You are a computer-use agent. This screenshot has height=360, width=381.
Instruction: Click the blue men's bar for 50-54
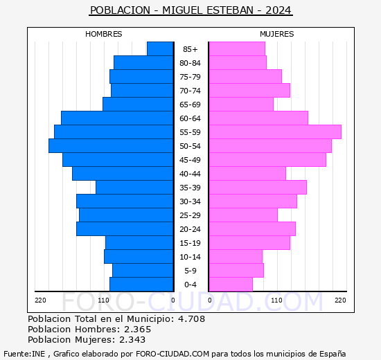111,146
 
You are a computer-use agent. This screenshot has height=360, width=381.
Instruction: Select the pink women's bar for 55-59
275,132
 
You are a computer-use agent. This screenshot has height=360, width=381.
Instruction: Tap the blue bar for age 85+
160,49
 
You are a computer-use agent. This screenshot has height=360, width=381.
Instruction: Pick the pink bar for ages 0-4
231,285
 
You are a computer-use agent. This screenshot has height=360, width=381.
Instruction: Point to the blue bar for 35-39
134,188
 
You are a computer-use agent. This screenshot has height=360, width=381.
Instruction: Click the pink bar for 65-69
241,105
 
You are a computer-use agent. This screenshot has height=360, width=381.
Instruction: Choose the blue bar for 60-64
117,118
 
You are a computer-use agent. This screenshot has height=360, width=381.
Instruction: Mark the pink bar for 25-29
243,215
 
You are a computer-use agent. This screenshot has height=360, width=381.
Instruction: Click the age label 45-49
190,160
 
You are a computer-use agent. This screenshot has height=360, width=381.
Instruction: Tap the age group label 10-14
190,257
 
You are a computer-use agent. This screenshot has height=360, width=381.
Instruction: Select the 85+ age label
190,49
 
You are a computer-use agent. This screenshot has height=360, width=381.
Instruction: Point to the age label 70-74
190,91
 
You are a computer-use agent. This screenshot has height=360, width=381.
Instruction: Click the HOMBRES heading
103,34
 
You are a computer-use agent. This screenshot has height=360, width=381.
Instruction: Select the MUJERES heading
277,34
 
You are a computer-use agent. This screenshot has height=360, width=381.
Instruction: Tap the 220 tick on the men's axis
40,300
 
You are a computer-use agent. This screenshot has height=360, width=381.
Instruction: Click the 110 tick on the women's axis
276,300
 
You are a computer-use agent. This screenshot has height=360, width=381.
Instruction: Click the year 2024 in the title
278,10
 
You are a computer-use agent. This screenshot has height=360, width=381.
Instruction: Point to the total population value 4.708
191,318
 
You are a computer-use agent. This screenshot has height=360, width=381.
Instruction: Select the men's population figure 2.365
138,329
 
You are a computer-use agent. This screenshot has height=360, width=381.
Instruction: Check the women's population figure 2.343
132,340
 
